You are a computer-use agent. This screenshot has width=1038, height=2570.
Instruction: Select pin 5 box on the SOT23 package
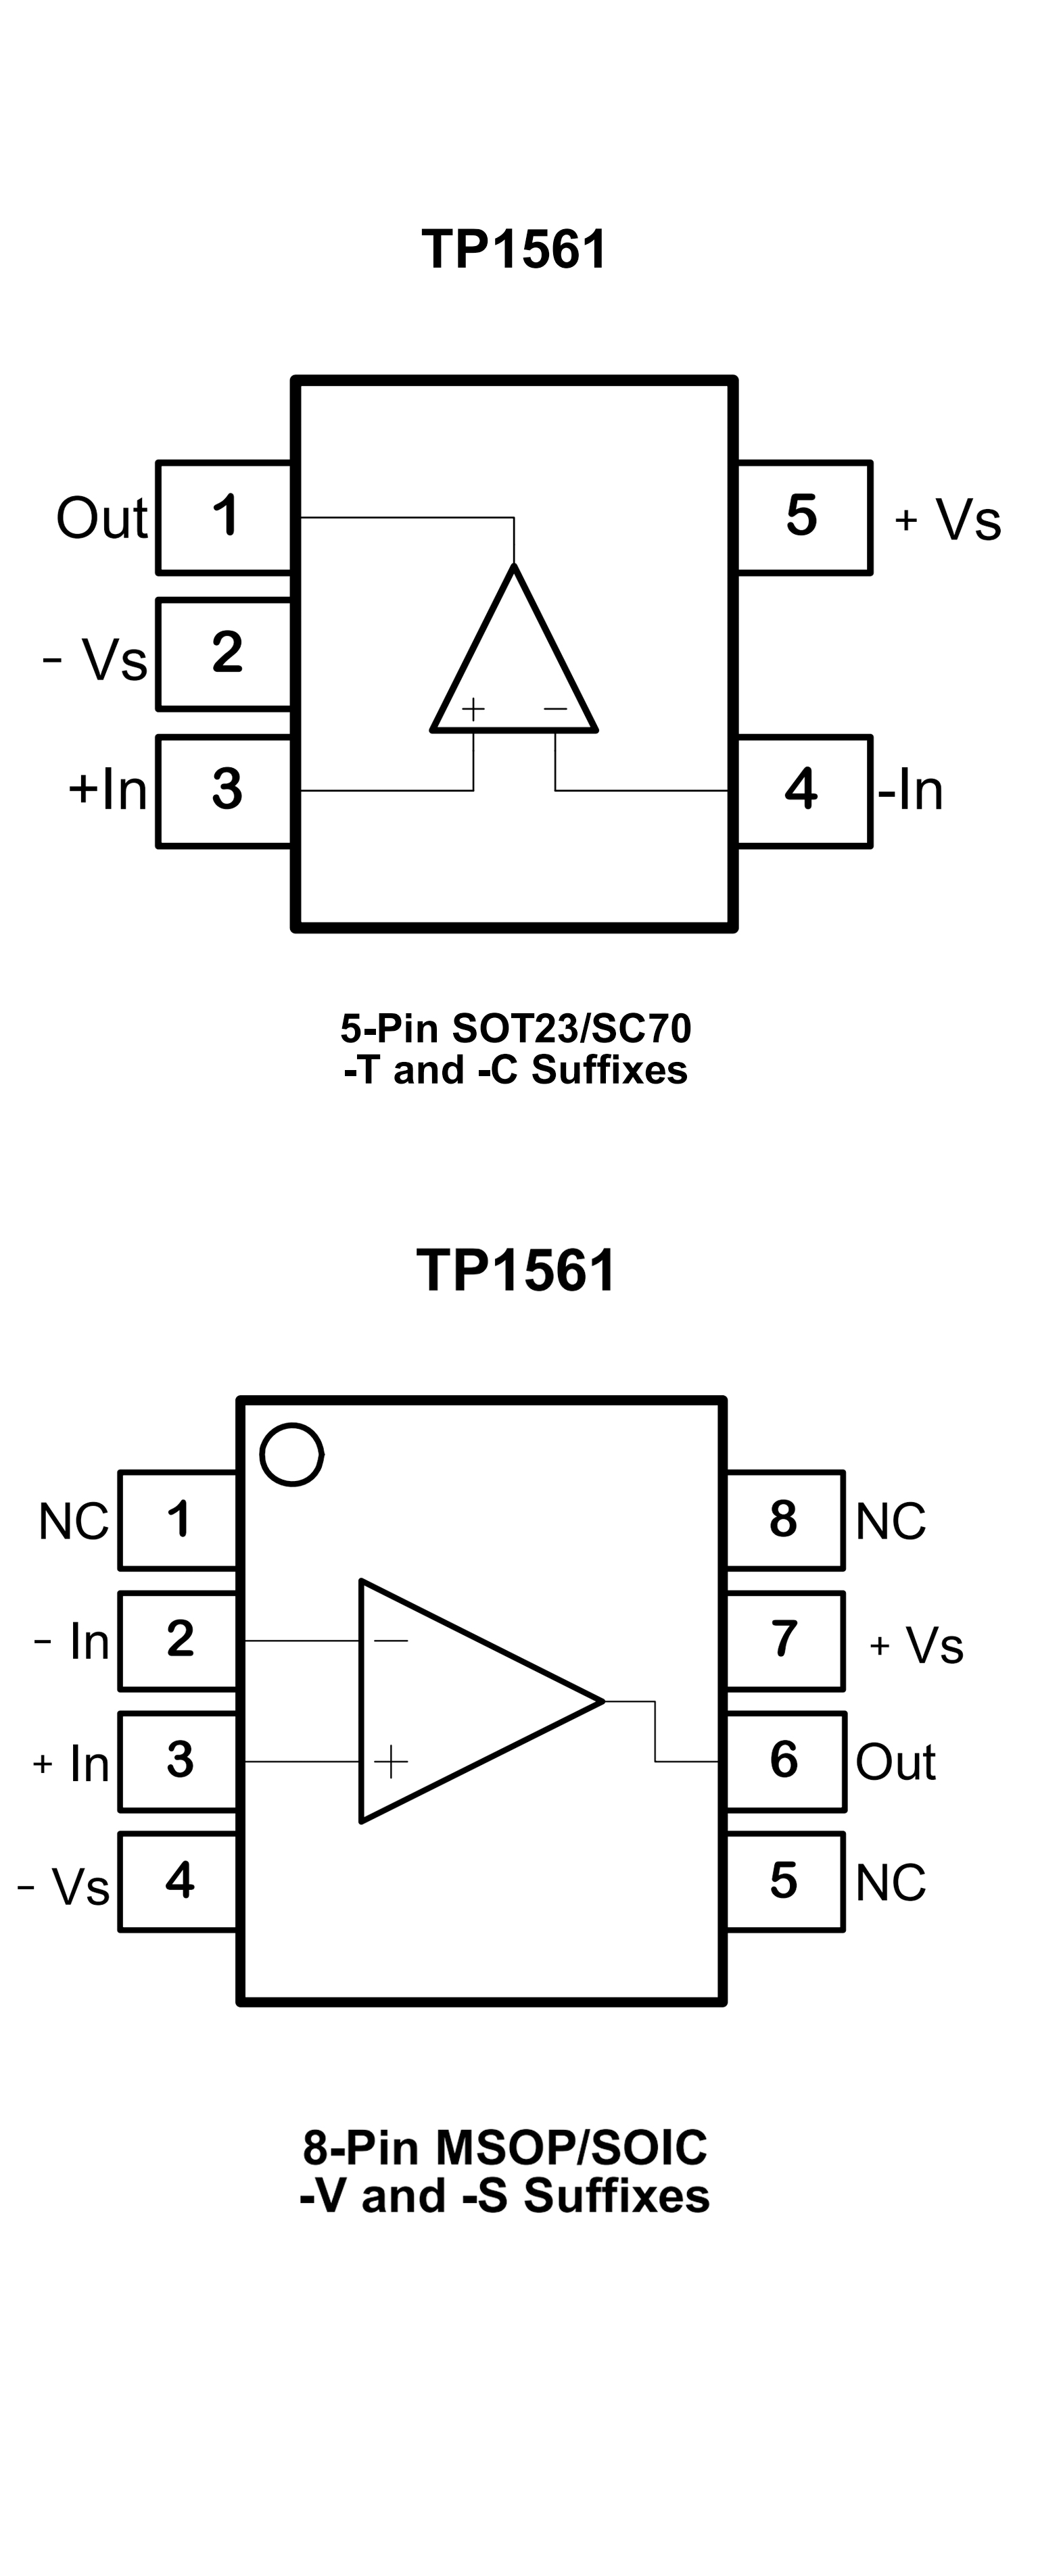click(803, 517)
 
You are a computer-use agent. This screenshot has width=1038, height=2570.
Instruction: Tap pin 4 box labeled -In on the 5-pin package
click(803, 790)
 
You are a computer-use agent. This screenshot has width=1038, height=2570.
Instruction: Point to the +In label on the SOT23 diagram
click(108, 789)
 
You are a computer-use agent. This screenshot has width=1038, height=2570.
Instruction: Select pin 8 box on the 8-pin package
click(784, 1520)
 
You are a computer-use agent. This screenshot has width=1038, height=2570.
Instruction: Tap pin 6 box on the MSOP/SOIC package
click(784, 1761)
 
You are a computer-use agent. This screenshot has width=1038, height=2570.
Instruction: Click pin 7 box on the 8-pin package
click(784, 1640)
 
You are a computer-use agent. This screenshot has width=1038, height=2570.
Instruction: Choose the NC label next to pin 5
click(891, 1883)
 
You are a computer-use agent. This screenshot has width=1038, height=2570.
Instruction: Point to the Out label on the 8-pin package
click(895, 1762)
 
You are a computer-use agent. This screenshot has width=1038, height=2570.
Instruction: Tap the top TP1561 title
click(514, 249)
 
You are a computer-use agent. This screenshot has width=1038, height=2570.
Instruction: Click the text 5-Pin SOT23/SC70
click(515, 1027)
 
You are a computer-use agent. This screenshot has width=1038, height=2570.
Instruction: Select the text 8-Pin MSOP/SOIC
click(505, 2147)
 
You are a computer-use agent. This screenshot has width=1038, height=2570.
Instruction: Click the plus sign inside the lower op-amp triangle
click(390, 1761)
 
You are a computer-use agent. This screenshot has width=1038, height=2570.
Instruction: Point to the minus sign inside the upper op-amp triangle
click(555, 709)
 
